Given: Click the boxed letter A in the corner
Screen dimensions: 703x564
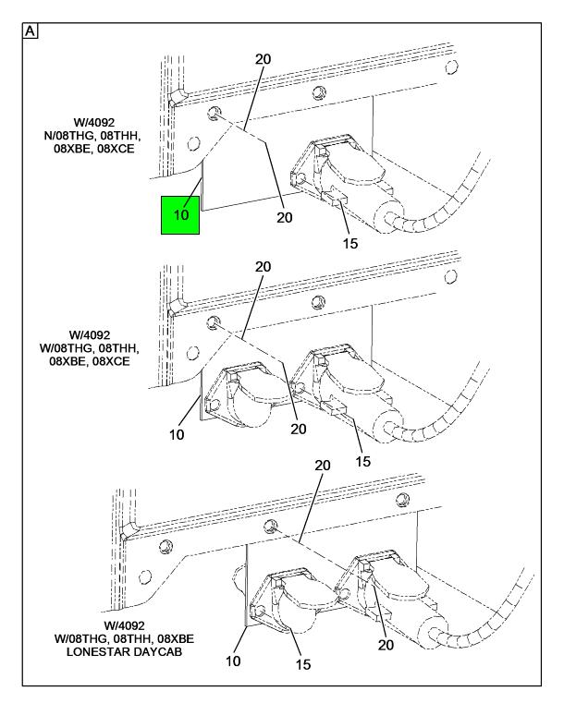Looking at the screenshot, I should [31, 31].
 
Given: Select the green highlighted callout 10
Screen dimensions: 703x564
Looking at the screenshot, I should [180, 215].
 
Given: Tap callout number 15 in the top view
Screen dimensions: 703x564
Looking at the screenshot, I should [349, 244].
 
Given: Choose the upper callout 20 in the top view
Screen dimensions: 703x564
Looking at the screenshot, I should [263, 59].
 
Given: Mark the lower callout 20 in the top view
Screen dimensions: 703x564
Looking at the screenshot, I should [284, 217].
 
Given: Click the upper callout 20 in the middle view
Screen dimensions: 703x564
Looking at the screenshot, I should [263, 266].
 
